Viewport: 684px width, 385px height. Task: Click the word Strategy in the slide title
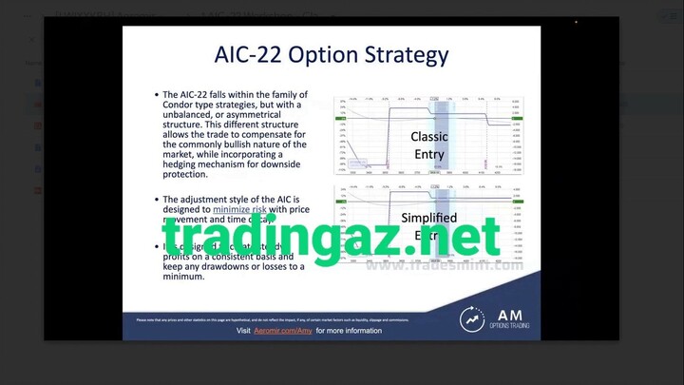pyautogui.click(x=403, y=54)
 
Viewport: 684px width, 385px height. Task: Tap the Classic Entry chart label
pyautogui.click(x=429, y=144)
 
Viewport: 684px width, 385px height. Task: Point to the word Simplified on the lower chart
pyautogui.click(x=429, y=218)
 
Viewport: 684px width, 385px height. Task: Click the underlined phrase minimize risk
pyautogui.click(x=239, y=208)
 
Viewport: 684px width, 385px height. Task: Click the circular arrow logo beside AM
pyautogui.click(x=472, y=318)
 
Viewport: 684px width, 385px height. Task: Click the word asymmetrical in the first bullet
pyautogui.click(x=253, y=116)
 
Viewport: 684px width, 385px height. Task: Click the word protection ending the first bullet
pyautogui.click(x=186, y=175)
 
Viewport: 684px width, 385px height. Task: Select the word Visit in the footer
pyautogui.click(x=243, y=331)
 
